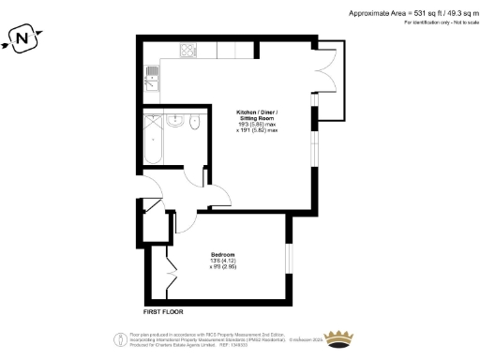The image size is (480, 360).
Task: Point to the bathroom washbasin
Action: pos(174,121)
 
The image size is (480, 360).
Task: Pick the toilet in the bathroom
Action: pos(195,122)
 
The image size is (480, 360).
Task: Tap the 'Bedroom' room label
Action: pos(222,255)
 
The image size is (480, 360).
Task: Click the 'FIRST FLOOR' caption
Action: pos(163,310)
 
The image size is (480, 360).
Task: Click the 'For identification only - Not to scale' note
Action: pos(436,21)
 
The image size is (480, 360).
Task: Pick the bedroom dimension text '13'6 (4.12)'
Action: pos(222,262)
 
